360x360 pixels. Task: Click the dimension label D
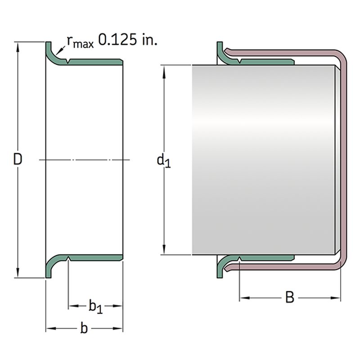tap(18, 159)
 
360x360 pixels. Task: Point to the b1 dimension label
tap(95, 306)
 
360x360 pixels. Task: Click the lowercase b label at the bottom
tap(84, 328)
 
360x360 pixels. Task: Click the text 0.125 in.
tap(128, 40)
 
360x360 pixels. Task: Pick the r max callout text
tap(81, 41)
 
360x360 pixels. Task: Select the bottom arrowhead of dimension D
tap(18, 273)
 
